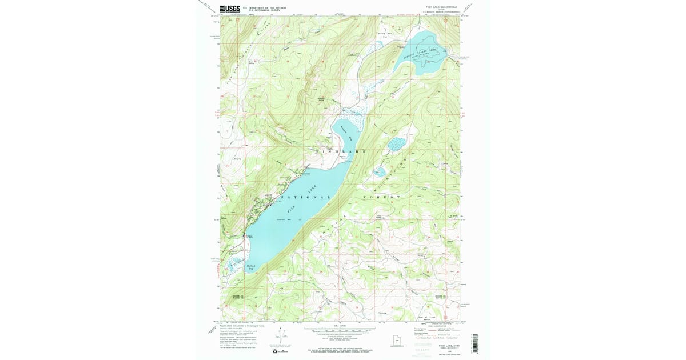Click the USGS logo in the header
[230, 9]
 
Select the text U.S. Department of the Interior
[264, 7]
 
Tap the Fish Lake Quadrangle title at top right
[442, 7]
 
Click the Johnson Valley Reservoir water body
[426, 54]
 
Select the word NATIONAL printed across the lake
[302, 197]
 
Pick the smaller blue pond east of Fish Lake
[380, 171]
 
